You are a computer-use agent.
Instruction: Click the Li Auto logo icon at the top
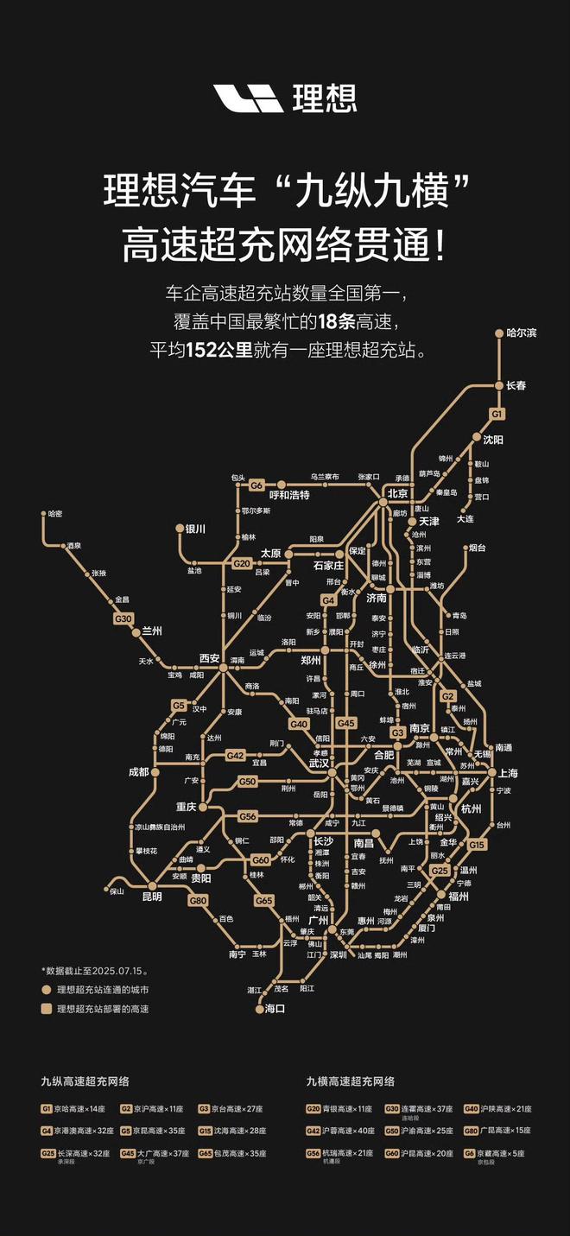249,98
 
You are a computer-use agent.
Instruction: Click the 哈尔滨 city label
522,333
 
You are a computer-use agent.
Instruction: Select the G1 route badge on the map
497,415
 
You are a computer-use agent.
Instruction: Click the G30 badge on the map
123,618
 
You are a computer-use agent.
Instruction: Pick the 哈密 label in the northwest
54,514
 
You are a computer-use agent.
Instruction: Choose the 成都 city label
138,771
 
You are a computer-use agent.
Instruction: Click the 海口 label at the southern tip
275,1008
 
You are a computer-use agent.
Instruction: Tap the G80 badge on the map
198,900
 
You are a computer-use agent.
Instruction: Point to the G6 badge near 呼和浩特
256,485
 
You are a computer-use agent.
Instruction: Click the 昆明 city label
152,897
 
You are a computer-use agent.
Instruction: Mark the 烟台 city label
478,548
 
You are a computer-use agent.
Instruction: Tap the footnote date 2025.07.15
102,970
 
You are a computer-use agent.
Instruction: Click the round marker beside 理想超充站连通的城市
47,990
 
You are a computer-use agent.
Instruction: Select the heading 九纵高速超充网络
85,1081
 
